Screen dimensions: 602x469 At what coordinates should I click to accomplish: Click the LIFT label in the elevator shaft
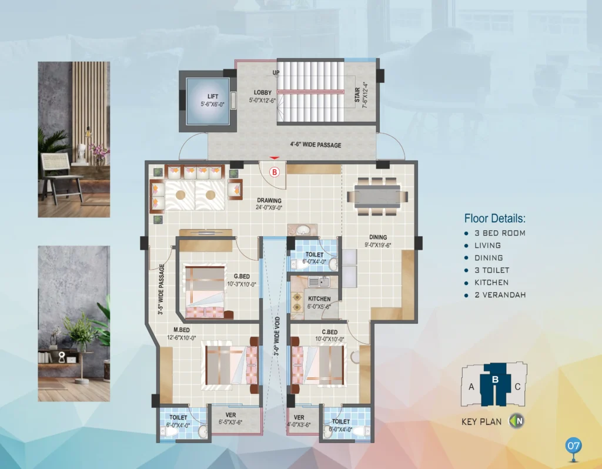213,96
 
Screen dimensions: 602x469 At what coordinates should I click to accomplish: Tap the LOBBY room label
263,92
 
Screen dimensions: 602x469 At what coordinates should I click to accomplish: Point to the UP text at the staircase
276,72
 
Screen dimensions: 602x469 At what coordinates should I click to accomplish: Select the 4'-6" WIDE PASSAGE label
316,145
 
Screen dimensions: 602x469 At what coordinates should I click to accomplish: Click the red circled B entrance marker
275,172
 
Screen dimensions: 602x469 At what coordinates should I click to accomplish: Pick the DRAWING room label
269,200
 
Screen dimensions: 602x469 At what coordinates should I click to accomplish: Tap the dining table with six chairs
377,196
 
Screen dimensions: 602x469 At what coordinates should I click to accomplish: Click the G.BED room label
242,276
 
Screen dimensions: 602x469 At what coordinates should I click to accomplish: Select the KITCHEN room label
319,299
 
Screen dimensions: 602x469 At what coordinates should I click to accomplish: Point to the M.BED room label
182,330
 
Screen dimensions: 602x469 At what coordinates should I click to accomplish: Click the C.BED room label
330,332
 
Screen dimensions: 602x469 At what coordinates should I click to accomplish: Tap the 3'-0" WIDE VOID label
277,336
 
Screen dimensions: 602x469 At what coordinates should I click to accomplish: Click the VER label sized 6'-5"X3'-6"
230,415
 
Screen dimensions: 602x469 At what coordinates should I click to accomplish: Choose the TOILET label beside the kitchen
315,254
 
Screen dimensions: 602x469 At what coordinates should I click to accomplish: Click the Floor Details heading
495,219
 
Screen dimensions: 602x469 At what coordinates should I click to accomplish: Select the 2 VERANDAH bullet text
500,295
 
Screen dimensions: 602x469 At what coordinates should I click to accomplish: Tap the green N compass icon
517,421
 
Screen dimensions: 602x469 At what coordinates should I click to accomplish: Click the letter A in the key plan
471,387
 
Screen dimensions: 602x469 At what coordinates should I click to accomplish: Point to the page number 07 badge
574,445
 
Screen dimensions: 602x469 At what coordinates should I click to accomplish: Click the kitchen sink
319,282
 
